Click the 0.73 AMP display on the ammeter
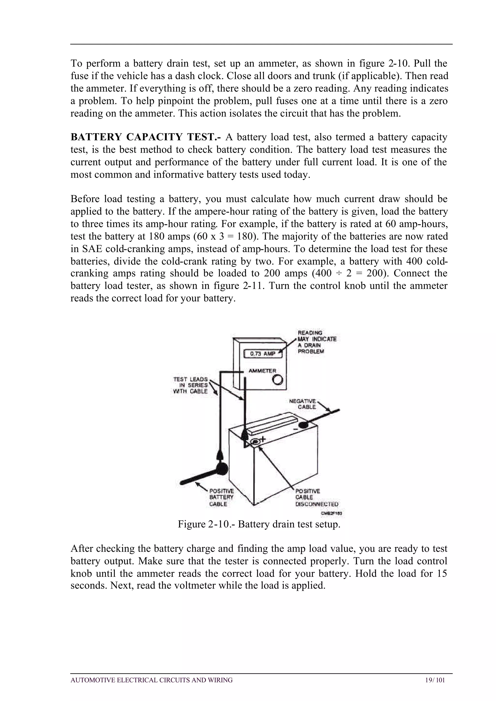coord(263,354)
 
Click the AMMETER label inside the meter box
coord(262,371)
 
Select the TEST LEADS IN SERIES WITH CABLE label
coord(190,385)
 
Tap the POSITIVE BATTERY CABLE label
coord(221,497)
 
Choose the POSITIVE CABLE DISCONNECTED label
coord(316,497)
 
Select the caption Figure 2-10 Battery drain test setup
coord(259,524)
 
